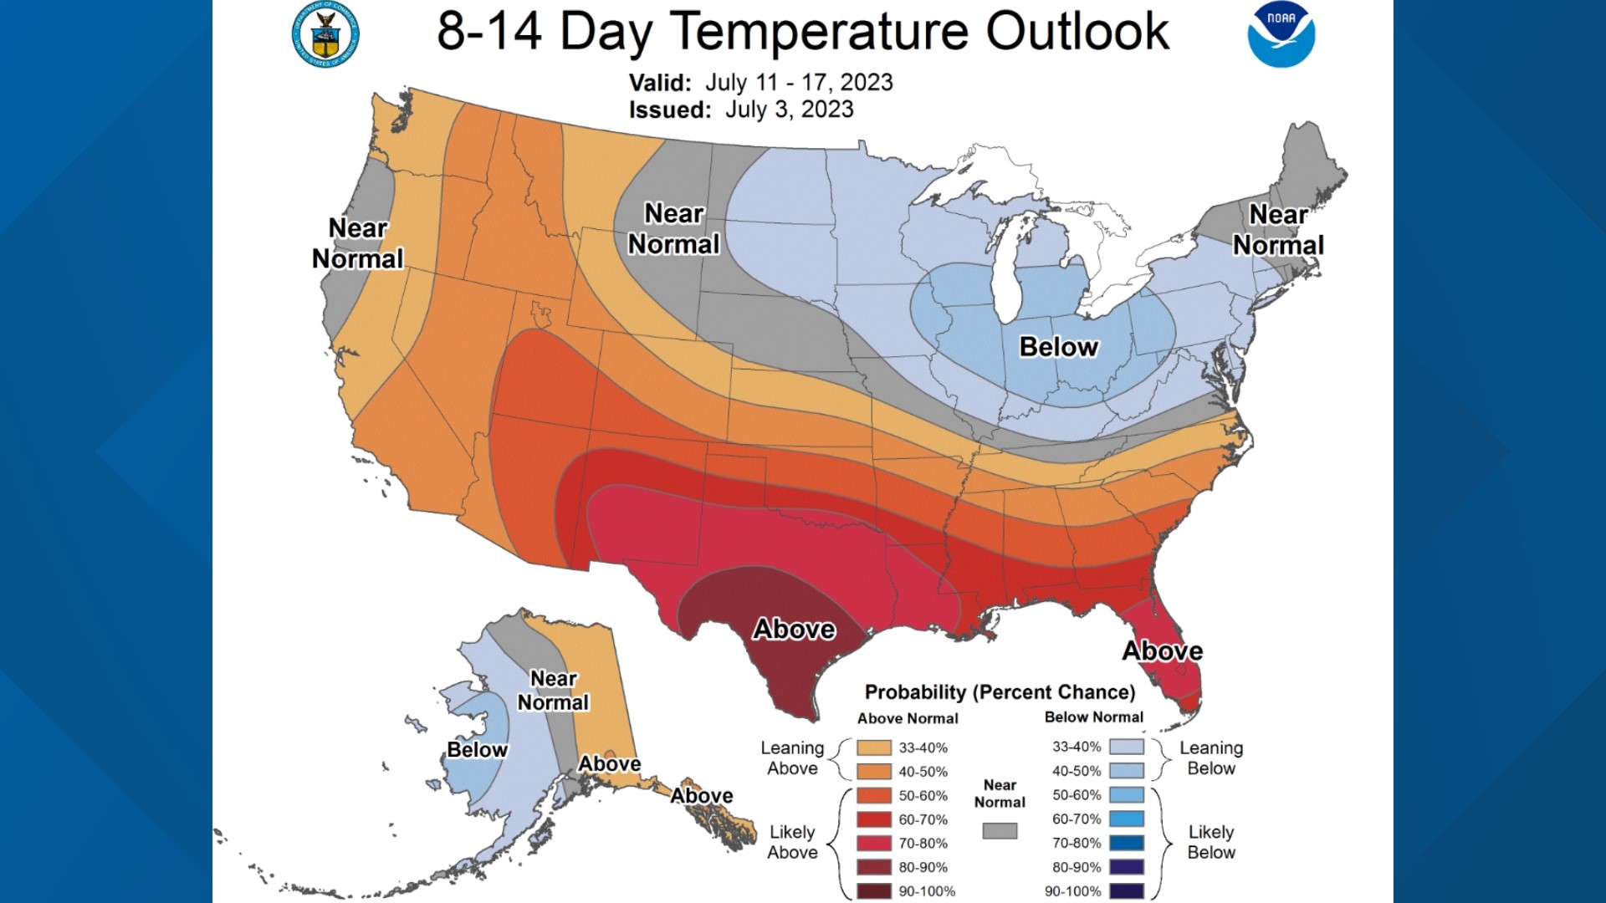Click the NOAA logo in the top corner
(1281, 35)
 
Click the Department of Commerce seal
(325, 35)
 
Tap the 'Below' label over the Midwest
(1058, 347)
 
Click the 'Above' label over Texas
(794, 629)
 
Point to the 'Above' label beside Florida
(1162, 650)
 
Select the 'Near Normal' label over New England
(1278, 230)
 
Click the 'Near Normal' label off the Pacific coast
(357, 243)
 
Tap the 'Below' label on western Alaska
(477, 749)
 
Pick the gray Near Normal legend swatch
(1000, 830)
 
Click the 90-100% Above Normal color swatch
(874, 891)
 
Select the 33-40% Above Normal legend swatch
(874, 747)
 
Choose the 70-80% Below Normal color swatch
(1126, 843)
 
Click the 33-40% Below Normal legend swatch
(1126, 747)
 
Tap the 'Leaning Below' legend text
(1210, 758)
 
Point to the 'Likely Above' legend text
(792, 842)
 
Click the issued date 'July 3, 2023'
(789, 110)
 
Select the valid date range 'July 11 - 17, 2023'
(798, 82)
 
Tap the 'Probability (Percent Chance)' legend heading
(1000, 692)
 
